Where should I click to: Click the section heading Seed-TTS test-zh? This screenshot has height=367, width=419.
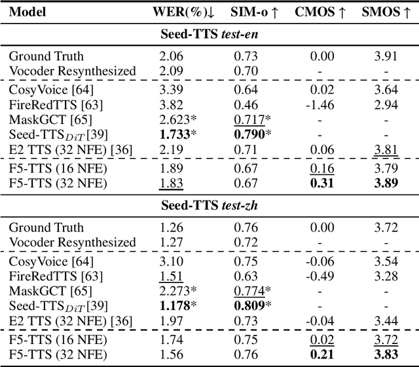(x=209, y=204)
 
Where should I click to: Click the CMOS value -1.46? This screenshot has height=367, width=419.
(x=319, y=104)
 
